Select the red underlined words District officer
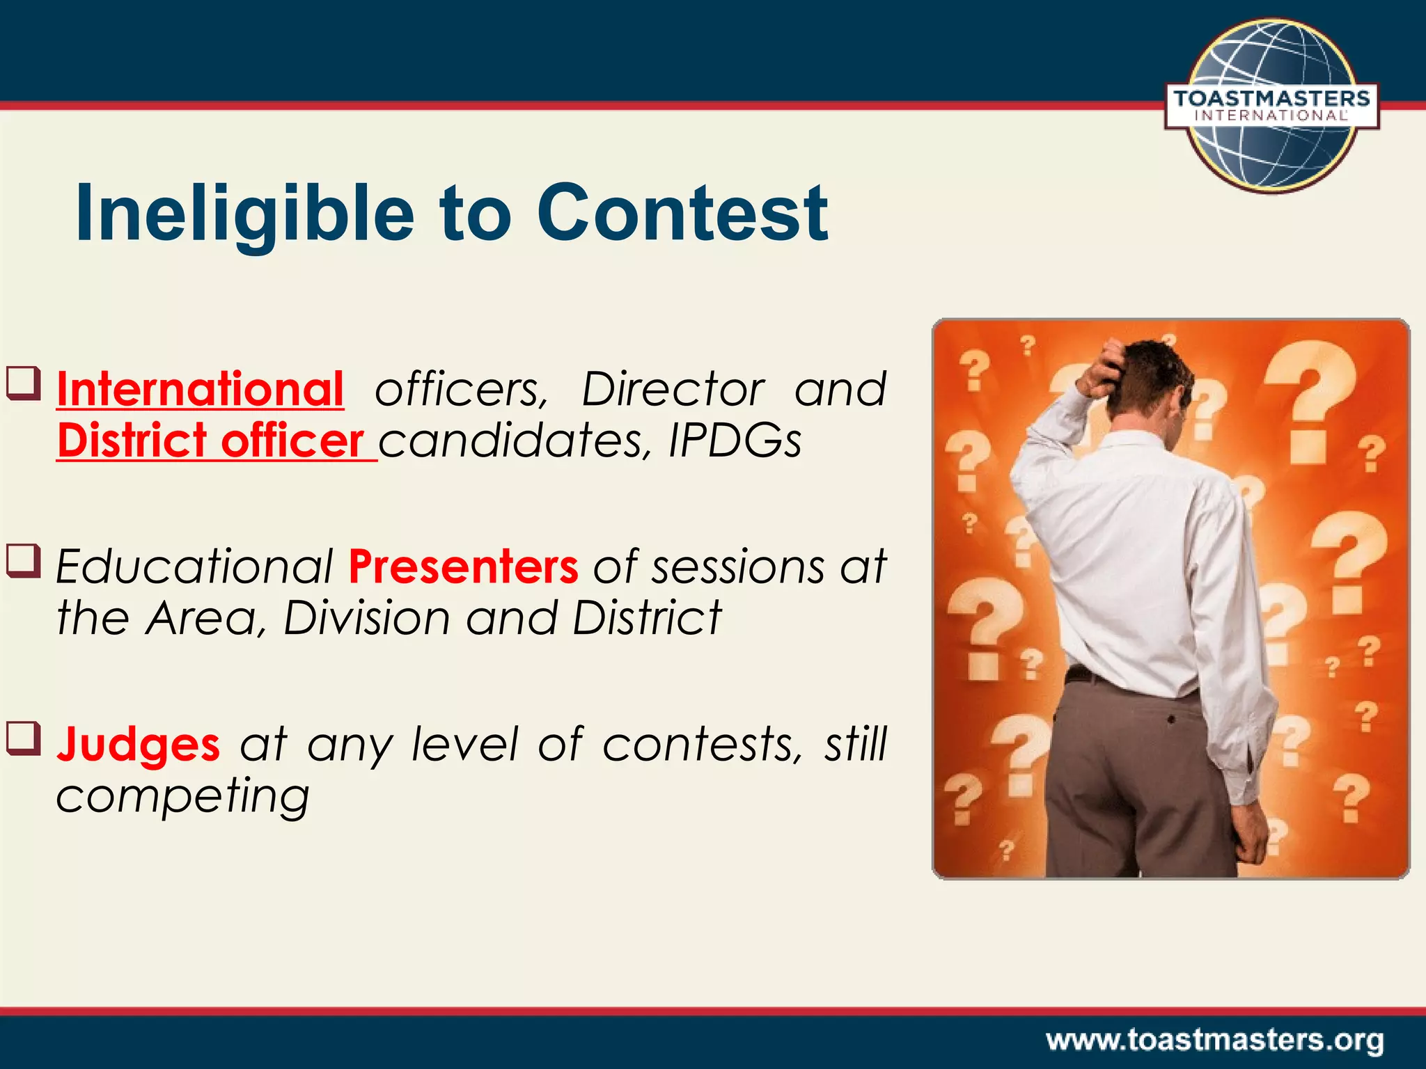pyautogui.click(x=210, y=441)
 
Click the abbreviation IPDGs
pyautogui.click(x=735, y=441)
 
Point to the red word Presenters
pyautogui.click(x=463, y=566)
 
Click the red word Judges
pyautogui.click(x=138, y=744)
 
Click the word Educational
pyautogui.click(x=195, y=566)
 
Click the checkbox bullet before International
pyautogui.click(x=24, y=383)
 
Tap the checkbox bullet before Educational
pyautogui.click(x=24, y=561)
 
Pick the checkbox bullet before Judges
pyautogui.click(x=24, y=738)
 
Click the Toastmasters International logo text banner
pyautogui.click(x=1271, y=106)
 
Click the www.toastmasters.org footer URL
pyautogui.click(x=1214, y=1040)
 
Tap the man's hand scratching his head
pyautogui.click(x=1104, y=367)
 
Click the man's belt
pyautogui.click(x=1086, y=674)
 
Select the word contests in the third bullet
pyautogui.click(x=696, y=744)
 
